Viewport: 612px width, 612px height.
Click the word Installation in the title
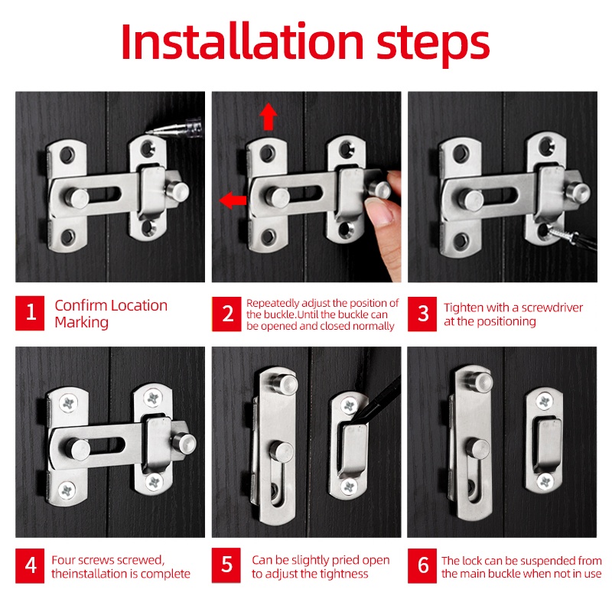click(243, 42)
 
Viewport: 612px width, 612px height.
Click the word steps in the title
click(433, 45)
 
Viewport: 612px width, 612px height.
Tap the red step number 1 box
click(30, 313)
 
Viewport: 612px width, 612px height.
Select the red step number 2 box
click(226, 314)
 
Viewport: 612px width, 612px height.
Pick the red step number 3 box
click(422, 314)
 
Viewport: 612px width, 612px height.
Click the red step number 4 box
click(30, 566)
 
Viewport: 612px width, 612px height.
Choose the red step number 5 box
click(226, 565)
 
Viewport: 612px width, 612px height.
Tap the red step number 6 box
click(422, 566)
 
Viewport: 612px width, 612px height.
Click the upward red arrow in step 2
click(269, 116)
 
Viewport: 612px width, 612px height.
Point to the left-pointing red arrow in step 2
click(233, 200)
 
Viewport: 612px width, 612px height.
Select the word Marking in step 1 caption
click(82, 323)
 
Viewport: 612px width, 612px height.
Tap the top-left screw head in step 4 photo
click(69, 403)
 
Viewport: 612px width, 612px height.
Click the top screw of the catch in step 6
click(544, 402)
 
